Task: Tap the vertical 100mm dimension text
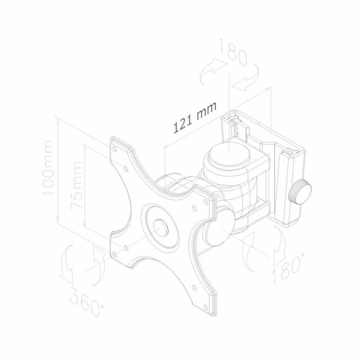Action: [49, 169]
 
